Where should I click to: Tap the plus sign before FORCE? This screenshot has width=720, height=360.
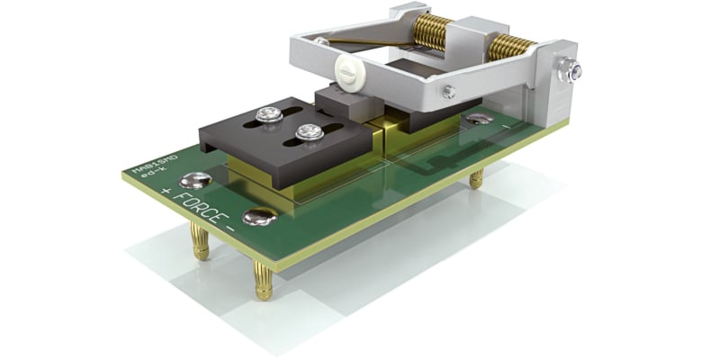pyautogui.click(x=165, y=192)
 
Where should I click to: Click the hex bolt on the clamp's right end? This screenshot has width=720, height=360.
pyautogui.click(x=570, y=71)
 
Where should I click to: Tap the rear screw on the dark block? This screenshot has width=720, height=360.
pyautogui.click(x=267, y=114)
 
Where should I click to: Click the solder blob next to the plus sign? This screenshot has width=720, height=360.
pyautogui.click(x=195, y=180)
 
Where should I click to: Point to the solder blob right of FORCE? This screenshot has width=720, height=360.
pyautogui.click(x=260, y=216)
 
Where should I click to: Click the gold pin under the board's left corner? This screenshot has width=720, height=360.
pyautogui.click(x=200, y=241)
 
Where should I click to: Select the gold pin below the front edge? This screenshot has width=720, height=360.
pyautogui.click(x=265, y=282)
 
